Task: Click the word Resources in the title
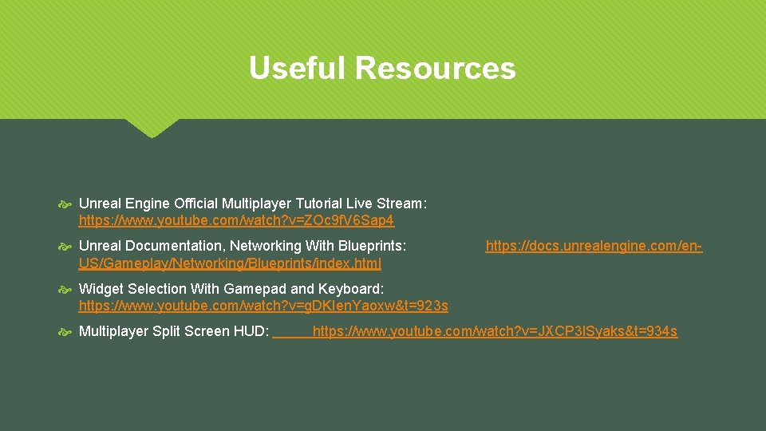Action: [x=436, y=68]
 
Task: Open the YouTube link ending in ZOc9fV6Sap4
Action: [x=236, y=219]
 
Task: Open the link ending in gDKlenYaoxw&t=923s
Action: [x=263, y=306]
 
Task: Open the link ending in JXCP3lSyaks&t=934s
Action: [x=495, y=331]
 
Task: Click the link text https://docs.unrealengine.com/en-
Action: [x=594, y=246]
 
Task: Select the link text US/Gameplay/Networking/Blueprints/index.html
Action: [x=230, y=263]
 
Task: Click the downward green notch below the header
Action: [x=152, y=128]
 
